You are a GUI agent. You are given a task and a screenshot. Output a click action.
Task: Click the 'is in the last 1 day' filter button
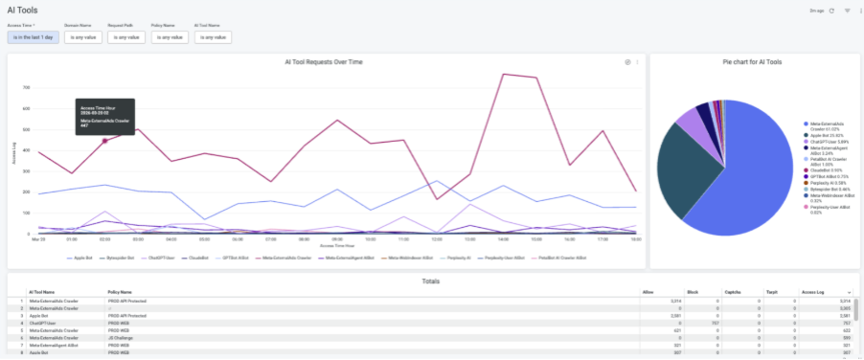33,37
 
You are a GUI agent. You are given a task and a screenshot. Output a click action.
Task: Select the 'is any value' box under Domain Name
82,37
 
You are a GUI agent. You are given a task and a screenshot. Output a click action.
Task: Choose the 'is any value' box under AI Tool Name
213,37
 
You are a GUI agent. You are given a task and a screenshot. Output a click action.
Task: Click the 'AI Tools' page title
23,10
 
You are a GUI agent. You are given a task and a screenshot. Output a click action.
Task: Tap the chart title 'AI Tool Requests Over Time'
324,61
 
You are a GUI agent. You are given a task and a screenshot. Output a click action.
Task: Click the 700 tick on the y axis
27,86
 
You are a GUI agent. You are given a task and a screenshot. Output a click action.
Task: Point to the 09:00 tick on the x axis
337,238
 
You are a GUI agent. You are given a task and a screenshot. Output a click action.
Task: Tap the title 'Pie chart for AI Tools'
752,61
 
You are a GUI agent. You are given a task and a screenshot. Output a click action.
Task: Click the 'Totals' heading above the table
431,280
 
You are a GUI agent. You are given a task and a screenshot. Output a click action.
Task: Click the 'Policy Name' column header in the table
120,291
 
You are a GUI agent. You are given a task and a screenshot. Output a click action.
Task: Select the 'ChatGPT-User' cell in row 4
44,323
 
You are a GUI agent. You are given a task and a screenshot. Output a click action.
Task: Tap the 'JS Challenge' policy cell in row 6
121,337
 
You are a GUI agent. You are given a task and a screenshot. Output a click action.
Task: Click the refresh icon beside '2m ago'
831,11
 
